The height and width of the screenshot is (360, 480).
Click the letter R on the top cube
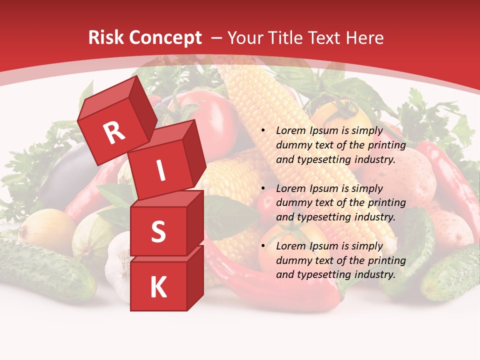[x=114, y=132]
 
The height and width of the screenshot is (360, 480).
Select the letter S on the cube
[x=158, y=231]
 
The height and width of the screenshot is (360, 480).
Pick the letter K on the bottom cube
[x=158, y=287]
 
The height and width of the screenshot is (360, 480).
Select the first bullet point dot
[x=263, y=131]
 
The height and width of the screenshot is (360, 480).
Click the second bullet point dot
[x=263, y=189]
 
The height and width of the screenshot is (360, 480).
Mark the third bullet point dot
[x=263, y=246]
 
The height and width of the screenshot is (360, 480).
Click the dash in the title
[x=217, y=38]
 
